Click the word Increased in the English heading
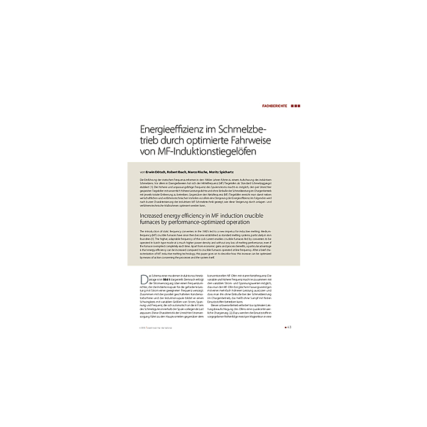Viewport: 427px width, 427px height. pos(157,216)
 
